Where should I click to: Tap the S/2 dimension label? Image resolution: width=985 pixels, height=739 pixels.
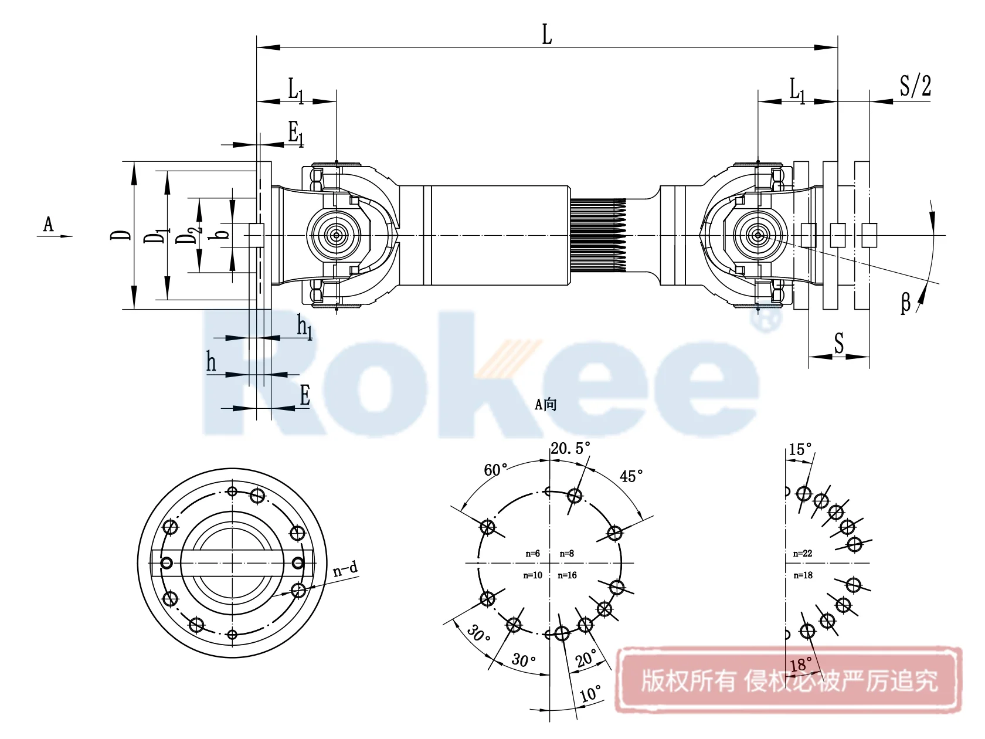(915, 86)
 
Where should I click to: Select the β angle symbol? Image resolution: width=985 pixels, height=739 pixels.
(905, 303)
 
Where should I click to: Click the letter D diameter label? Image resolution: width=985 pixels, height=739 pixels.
(121, 235)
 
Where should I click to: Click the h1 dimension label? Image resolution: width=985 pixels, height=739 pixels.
(304, 326)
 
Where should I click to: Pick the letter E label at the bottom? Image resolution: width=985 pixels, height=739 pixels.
(304, 395)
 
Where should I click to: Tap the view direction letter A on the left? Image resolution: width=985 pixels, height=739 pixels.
(48, 224)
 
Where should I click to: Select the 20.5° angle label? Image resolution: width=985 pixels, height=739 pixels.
(570, 449)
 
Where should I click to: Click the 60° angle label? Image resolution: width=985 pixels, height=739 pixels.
(495, 470)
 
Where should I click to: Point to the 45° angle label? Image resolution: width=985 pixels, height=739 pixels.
(631, 476)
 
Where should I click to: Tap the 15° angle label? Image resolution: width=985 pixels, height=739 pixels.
(800, 450)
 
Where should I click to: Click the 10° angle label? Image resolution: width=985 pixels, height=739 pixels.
(590, 693)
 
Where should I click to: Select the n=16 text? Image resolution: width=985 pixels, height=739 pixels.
(567, 575)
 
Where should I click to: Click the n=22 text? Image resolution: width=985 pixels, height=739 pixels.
(803, 554)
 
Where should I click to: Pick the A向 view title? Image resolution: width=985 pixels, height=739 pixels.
(545, 404)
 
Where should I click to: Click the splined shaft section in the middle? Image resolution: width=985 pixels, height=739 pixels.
(598, 235)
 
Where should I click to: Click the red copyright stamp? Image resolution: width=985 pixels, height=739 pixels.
(789, 680)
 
